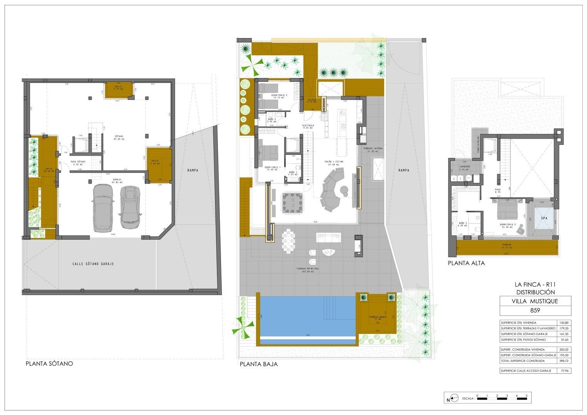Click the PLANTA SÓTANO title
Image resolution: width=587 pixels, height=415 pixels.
pos(49,363)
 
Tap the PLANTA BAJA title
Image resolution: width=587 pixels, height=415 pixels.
pos(258,364)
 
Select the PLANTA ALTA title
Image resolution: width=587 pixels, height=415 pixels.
pos(466,263)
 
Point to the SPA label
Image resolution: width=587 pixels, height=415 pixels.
pos(544,218)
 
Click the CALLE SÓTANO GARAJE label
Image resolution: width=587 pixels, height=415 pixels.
pos(93,264)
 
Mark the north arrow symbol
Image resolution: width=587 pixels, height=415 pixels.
pos(452,398)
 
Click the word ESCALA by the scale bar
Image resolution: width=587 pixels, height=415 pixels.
pos(468,398)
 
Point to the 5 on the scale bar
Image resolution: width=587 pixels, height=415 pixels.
pos(527,395)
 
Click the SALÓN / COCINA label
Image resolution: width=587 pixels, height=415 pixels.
pos(333,162)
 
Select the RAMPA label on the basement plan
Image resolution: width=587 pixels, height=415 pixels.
pos(192,170)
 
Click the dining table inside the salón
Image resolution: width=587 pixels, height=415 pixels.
pos(293,203)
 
